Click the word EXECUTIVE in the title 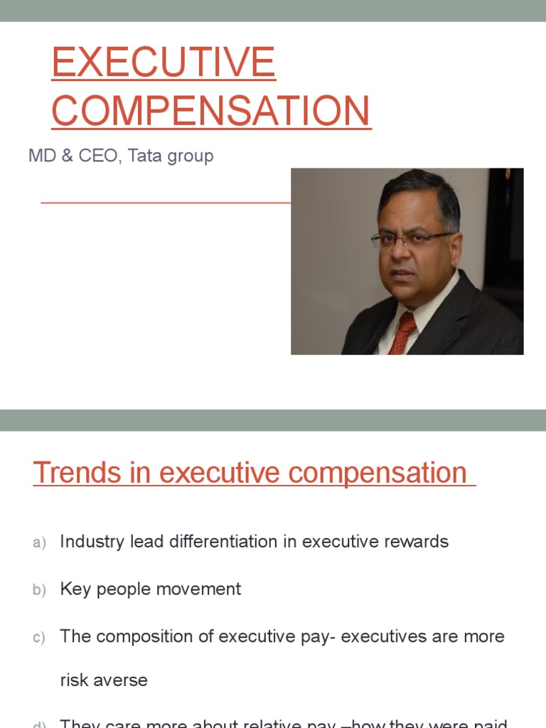[164, 63]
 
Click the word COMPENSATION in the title [211, 112]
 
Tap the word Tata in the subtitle [144, 156]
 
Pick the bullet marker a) [39, 542]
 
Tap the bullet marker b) [39, 590]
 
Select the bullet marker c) [39, 638]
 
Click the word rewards [417, 542]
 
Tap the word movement [205, 589]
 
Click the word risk [73, 680]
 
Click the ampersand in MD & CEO [68, 156]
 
